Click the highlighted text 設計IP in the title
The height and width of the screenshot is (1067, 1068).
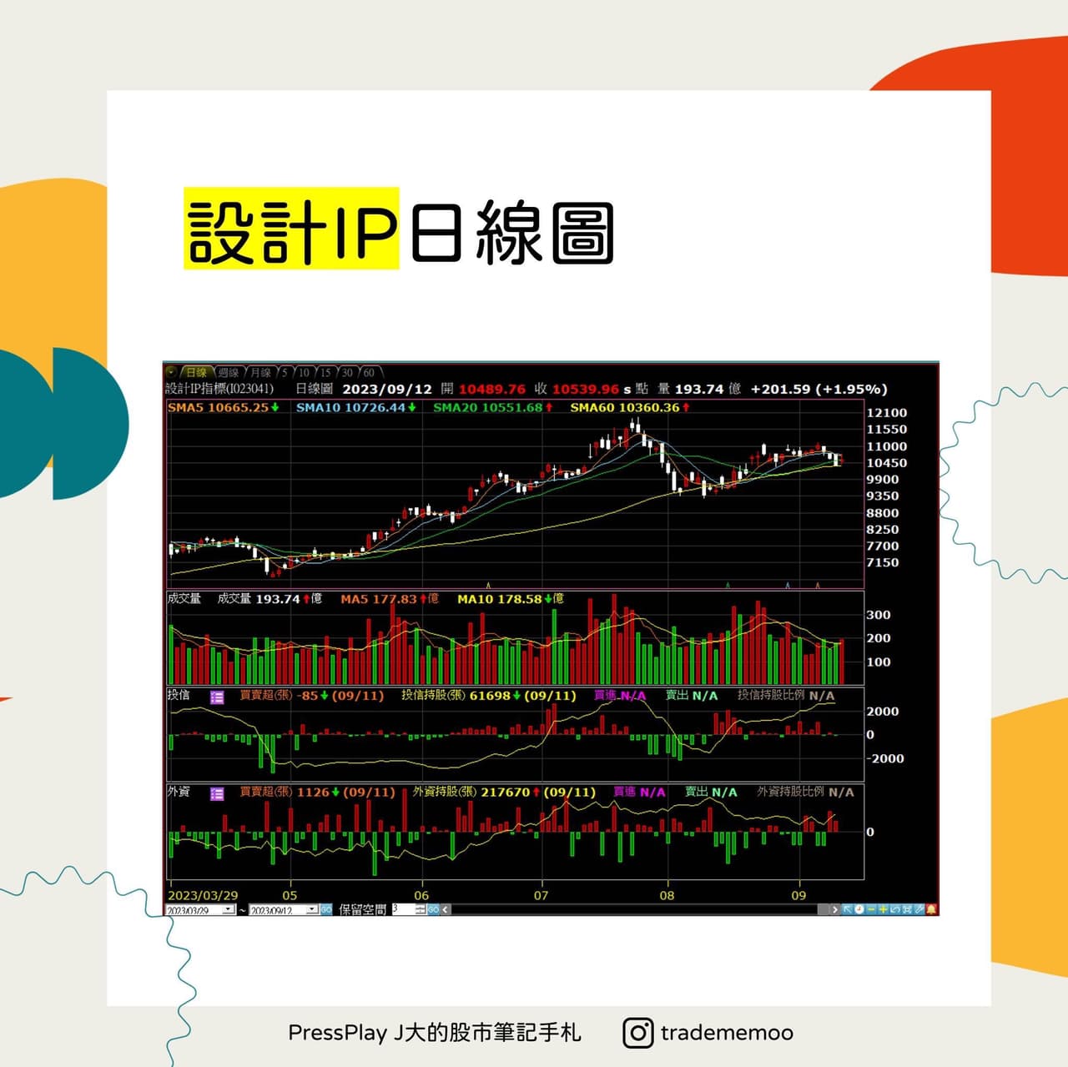point(291,230)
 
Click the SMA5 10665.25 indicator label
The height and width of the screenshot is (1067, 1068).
point(223,408)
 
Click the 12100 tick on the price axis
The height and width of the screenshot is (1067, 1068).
point(886,413)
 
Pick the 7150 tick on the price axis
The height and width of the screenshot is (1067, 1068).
point(883,563)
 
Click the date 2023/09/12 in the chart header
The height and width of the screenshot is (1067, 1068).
point(387,390)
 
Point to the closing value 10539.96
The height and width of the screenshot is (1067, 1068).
point(585,390)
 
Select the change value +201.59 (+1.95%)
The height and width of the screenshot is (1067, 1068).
point(819,390)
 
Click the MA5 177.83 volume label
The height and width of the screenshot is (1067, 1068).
point(389,599)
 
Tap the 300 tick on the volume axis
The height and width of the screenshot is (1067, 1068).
point(879,615)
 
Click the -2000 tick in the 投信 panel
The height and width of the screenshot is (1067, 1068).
point(884,759)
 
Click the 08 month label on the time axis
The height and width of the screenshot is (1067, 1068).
point(667,896)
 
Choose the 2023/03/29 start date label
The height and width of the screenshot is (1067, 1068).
point(203,896)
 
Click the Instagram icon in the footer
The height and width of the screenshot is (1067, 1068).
point(637,1033)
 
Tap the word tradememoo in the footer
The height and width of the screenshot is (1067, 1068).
point(727,1033)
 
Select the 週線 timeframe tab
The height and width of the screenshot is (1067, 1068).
point(228,373)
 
